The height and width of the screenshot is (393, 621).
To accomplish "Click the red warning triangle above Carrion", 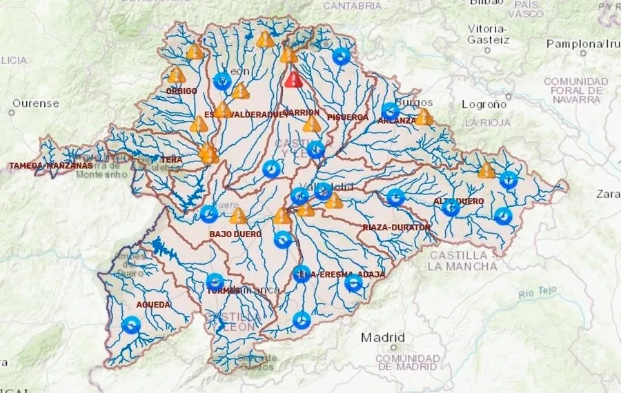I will point(293,79).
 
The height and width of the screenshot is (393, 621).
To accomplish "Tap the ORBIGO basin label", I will point(181,91).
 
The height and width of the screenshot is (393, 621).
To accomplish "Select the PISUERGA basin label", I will point(348,117).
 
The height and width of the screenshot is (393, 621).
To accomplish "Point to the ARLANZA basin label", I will point(397,121).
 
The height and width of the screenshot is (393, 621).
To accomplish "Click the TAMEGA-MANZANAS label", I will point(50,165).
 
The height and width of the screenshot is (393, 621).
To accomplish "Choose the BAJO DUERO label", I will point(235,234).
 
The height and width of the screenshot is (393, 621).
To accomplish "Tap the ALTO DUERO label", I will point(458,201).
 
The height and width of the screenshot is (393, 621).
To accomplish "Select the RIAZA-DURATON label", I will point(397,227).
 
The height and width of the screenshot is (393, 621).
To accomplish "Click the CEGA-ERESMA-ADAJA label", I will point(339,274).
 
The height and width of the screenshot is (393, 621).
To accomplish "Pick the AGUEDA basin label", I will point(153,303).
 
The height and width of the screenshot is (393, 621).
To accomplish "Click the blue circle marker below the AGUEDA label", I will point(131,324).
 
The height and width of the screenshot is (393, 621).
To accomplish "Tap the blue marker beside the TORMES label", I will point(215,282).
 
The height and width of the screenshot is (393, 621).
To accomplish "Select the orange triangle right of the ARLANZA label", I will point(424,117).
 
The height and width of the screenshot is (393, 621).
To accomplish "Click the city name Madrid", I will point(383,338).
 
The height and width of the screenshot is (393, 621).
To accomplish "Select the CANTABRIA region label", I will point(352,6).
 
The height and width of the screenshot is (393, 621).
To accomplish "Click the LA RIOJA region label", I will point(489,122).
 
